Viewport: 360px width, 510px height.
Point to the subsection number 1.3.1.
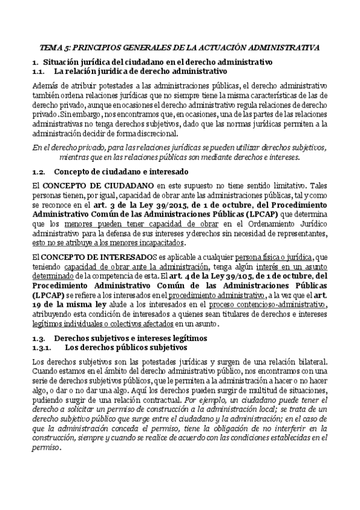tap(43, 348)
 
